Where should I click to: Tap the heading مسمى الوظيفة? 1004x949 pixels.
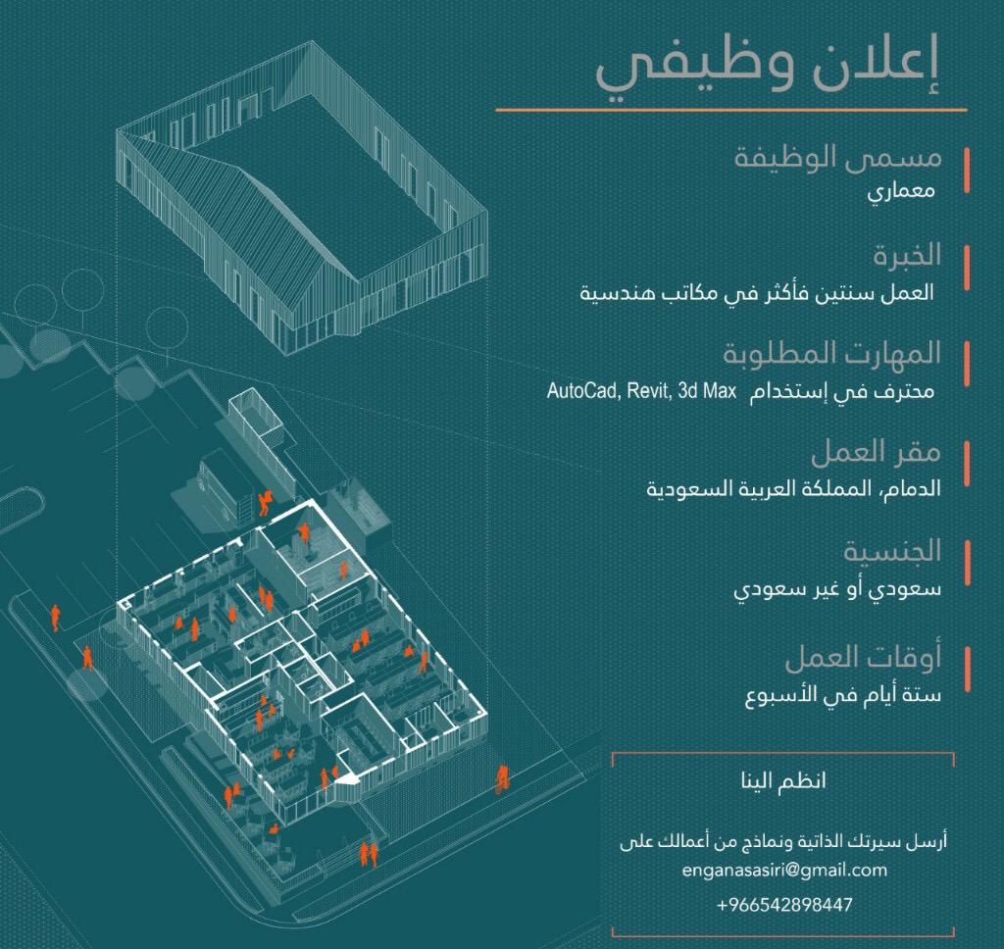coord(837,158)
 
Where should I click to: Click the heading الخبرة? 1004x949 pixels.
coord(907,256)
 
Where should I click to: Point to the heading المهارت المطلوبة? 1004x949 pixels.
coord(831,354)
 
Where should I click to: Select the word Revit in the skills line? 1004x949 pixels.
coord(649,390)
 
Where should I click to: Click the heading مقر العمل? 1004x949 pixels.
coord(876,452)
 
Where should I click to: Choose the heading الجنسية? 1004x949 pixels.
coord(892,551)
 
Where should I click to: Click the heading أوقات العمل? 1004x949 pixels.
coord(863,658)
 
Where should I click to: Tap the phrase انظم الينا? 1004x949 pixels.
coord(783,780)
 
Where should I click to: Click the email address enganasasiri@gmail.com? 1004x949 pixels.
coord(784,871)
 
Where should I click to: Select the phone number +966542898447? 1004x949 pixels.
coord(784,905)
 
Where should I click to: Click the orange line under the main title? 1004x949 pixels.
coord(731,110)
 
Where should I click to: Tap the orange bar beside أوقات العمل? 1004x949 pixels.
coord(966,670)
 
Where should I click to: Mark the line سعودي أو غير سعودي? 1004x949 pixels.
coord(837,589)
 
